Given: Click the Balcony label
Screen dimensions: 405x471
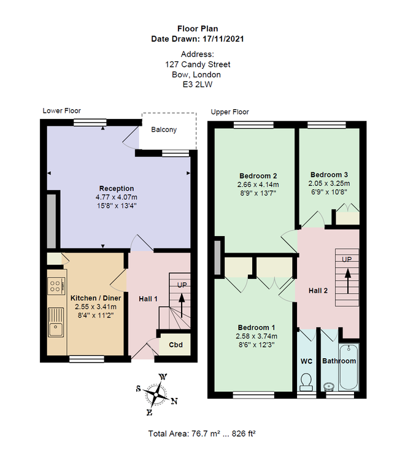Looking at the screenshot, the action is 164,130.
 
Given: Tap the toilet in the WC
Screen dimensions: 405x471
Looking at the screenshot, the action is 306,382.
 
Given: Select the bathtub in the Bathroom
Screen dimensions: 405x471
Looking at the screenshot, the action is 349,367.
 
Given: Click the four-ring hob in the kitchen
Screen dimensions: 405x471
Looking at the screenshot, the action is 56,286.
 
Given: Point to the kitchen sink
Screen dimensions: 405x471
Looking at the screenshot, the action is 56,322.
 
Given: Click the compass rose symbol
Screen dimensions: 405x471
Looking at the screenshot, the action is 156,394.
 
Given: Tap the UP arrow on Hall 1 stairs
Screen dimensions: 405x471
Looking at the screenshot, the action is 182,305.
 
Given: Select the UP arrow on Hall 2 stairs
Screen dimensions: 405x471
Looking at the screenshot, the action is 347,281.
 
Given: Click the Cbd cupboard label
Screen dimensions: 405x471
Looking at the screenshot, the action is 175,345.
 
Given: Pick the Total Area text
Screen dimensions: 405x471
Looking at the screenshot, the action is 202,434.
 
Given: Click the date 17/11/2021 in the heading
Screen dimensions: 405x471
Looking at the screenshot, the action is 223,39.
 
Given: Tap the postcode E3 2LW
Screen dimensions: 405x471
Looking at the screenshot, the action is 198,85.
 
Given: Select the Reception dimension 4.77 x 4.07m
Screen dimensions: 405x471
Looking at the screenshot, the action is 117,197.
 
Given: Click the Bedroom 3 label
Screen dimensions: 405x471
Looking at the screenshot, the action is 329,175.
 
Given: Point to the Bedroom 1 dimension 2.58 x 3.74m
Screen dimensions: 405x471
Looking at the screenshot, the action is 256,336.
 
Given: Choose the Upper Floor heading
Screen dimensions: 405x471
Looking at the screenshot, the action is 230,112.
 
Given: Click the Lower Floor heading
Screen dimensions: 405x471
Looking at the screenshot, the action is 61,111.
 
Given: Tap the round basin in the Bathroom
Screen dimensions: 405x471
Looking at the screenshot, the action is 330,386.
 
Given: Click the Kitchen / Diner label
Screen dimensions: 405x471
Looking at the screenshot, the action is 96,298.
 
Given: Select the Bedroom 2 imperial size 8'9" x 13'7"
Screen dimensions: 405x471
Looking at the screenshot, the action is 258,193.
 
